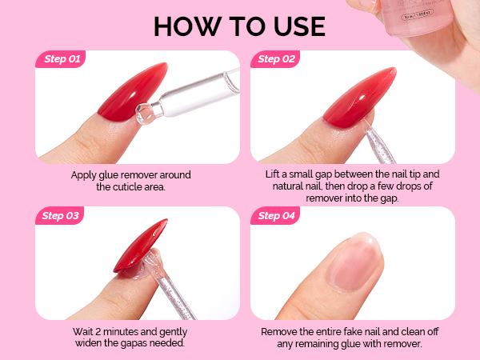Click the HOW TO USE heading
240,26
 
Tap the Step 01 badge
62,59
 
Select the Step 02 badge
278,59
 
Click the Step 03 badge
62,215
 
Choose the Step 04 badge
278,215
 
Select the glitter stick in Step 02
364,144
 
